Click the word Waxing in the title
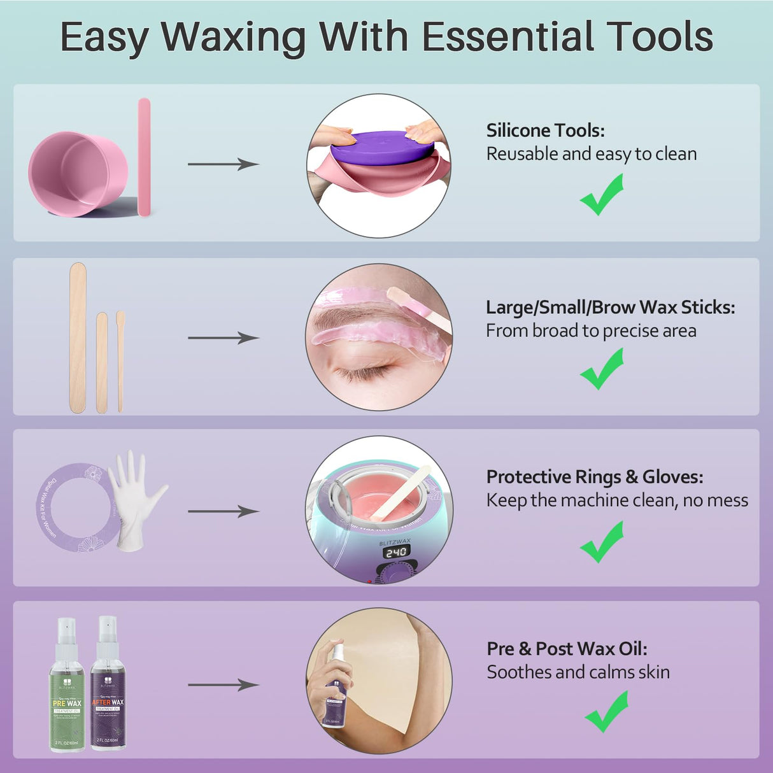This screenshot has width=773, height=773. pos(234,37)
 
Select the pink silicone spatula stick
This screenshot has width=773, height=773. pos(144,157)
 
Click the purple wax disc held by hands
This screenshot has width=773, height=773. pos(382,148)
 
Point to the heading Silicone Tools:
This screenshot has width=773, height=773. pos(545,131)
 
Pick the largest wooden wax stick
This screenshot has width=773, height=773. pos(78,337)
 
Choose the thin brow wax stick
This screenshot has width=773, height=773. pos(120,360)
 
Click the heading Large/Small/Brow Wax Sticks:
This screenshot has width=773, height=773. pos(610,308)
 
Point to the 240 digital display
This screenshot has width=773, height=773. pos(395,552)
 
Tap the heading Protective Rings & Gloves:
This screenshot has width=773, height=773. pos(594,477)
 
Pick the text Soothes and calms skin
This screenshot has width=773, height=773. pos(578,672)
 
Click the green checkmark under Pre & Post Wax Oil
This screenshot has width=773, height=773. pos(606,712)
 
